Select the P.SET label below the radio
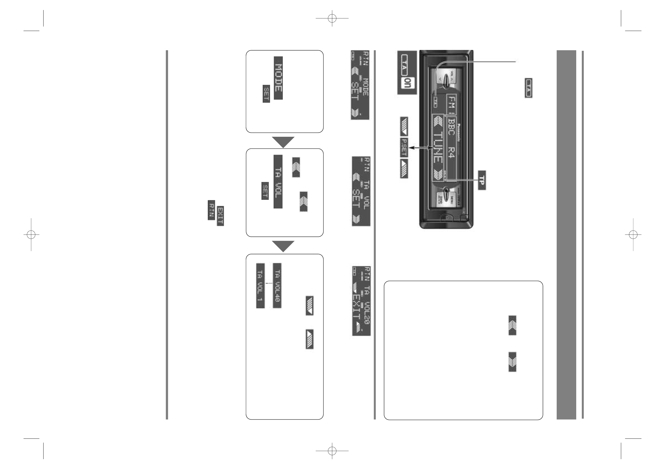click(404, 148)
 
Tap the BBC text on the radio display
click(451, 128)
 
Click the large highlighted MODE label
click(278, 78)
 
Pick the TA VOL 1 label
click(260, 286)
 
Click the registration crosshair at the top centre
click(332, 18)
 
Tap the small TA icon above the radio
click(528, 88)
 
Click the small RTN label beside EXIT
click(211, 210)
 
